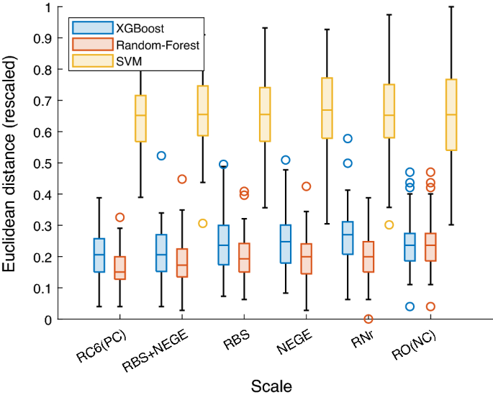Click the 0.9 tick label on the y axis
pos(49,39)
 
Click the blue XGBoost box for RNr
pos(348,237)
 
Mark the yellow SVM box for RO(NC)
pos(451,114)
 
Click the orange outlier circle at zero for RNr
pos(368,319)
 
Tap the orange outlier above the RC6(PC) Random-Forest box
pos(119,217)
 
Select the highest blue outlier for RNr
pos(348,138)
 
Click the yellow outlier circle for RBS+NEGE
pos(203,223)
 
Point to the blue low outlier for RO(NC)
pos(410,306)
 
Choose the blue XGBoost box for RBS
pos(223,245)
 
